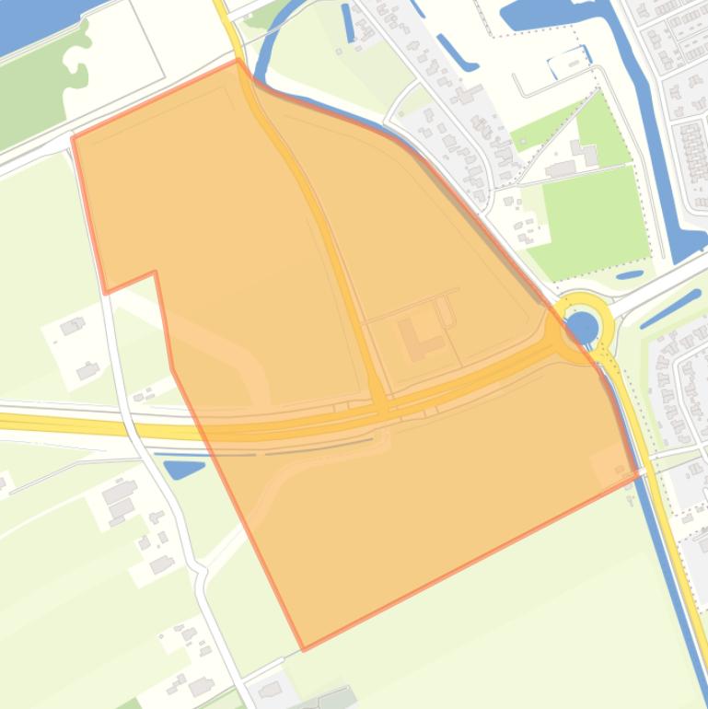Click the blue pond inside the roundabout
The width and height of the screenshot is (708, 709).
click(581, 325)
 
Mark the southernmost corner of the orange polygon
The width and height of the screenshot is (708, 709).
click(304, 649)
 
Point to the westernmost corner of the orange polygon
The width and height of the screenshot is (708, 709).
click(73, 138)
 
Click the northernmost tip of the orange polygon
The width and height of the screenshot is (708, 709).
click(238, 61)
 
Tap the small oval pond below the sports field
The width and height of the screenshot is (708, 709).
click(630, 274)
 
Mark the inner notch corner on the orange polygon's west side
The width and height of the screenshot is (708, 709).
click(155, 272)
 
